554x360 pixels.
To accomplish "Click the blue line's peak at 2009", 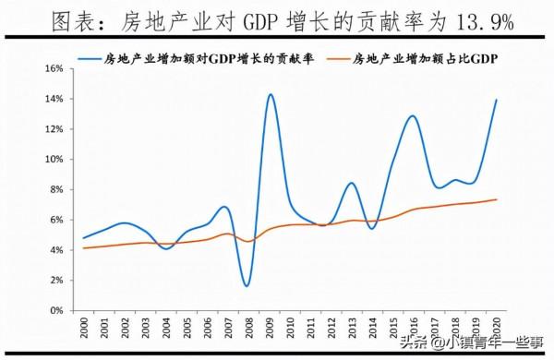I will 270,94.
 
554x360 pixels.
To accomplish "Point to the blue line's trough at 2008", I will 247,285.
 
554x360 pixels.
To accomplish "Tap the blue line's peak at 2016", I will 412,116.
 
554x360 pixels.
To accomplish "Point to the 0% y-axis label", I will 56,310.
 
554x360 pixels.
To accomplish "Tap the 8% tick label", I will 56,190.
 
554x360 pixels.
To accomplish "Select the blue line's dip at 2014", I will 372,228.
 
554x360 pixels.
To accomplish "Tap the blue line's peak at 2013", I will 352,183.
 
